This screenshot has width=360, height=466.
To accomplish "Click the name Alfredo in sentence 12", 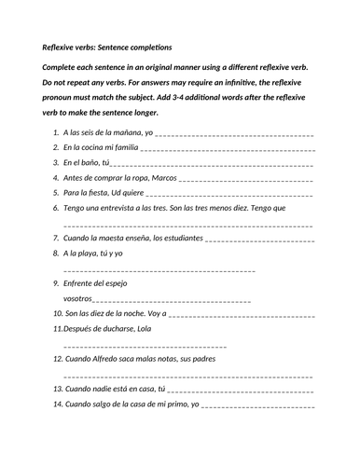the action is click(116, 358).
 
